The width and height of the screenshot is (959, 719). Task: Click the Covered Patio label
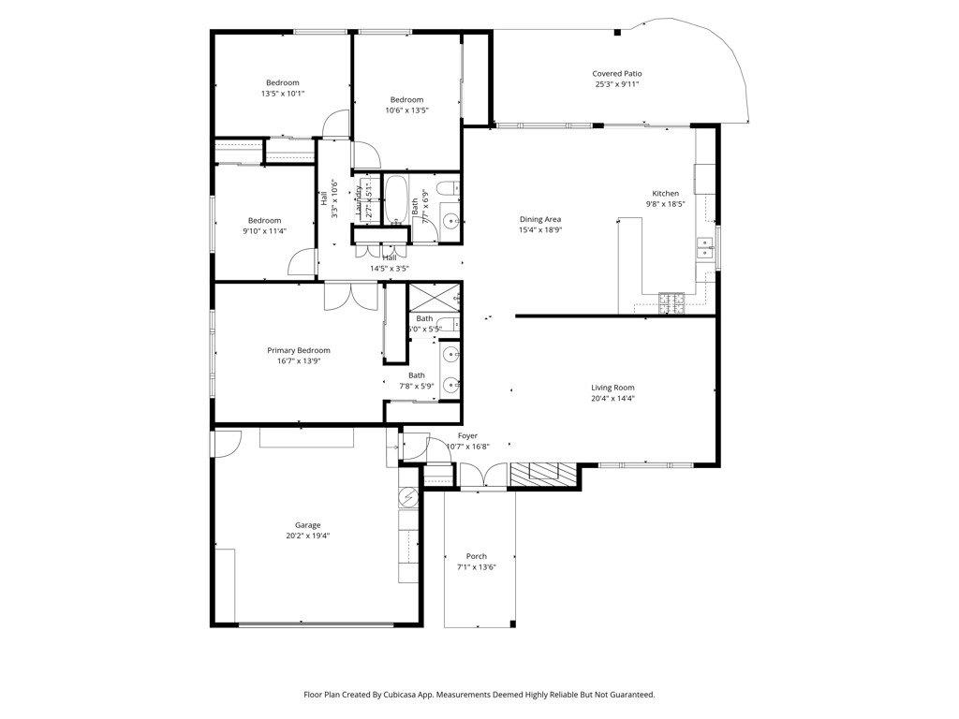click(617, 74)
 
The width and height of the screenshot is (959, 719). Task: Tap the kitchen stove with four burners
click(672, 302)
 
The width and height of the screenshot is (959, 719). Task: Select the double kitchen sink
click(704, 248)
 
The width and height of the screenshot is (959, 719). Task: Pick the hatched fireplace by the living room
click(544, 475)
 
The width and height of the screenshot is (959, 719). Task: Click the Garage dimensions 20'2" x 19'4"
click(307, 536)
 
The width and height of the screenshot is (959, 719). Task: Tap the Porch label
click(476, 556)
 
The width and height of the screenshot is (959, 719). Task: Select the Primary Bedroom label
click(299, 350)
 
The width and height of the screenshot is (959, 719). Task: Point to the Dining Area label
click(540, 219)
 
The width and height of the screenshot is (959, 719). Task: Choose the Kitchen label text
click(666, 194)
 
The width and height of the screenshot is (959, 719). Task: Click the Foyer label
click(467, 435)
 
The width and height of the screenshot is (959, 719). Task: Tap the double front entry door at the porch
click(482, 478)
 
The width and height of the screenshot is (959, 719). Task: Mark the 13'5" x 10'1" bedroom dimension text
click(282, 94)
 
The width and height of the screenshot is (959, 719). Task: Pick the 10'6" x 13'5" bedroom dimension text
click(406, 110)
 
